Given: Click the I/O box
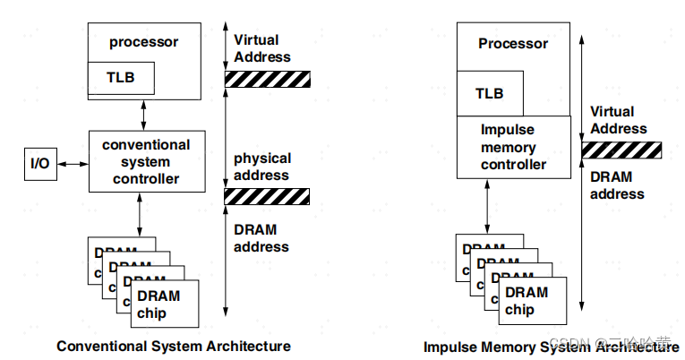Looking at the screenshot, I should pyautogui.click(x=40, y=164).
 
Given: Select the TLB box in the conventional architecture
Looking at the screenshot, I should pyautogui.click(x=121, y=77).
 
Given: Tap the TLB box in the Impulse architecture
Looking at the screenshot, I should pyautogui.click(x=489, y=93).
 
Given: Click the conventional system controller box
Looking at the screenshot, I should pyautogui.click(x=146, y=161).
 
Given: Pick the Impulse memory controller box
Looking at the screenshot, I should pyautogui.click(x=513, y=148).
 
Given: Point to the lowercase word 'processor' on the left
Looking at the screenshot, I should pyautogui.click(x=144, y=42).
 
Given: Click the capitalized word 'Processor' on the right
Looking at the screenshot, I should pyautogui.click(x=513, y=44).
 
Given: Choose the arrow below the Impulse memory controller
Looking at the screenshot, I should pyautogui.click(x=485, y=208).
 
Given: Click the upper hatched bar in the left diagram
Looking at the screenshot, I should pyautogui.click(x=267, y=79).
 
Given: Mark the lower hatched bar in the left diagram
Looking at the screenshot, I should pyautogui.click(x=267, y=196).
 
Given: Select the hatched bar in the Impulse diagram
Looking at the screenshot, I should pyautogui.click(x=621, y=150).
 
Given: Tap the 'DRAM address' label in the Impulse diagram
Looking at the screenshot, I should pyautogui.click(x=617, y=185).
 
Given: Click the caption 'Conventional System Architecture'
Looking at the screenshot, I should pyautogui.click(x=174, y=346).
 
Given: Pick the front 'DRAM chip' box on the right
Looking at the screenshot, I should pyautogui.click(x=530, y=301).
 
